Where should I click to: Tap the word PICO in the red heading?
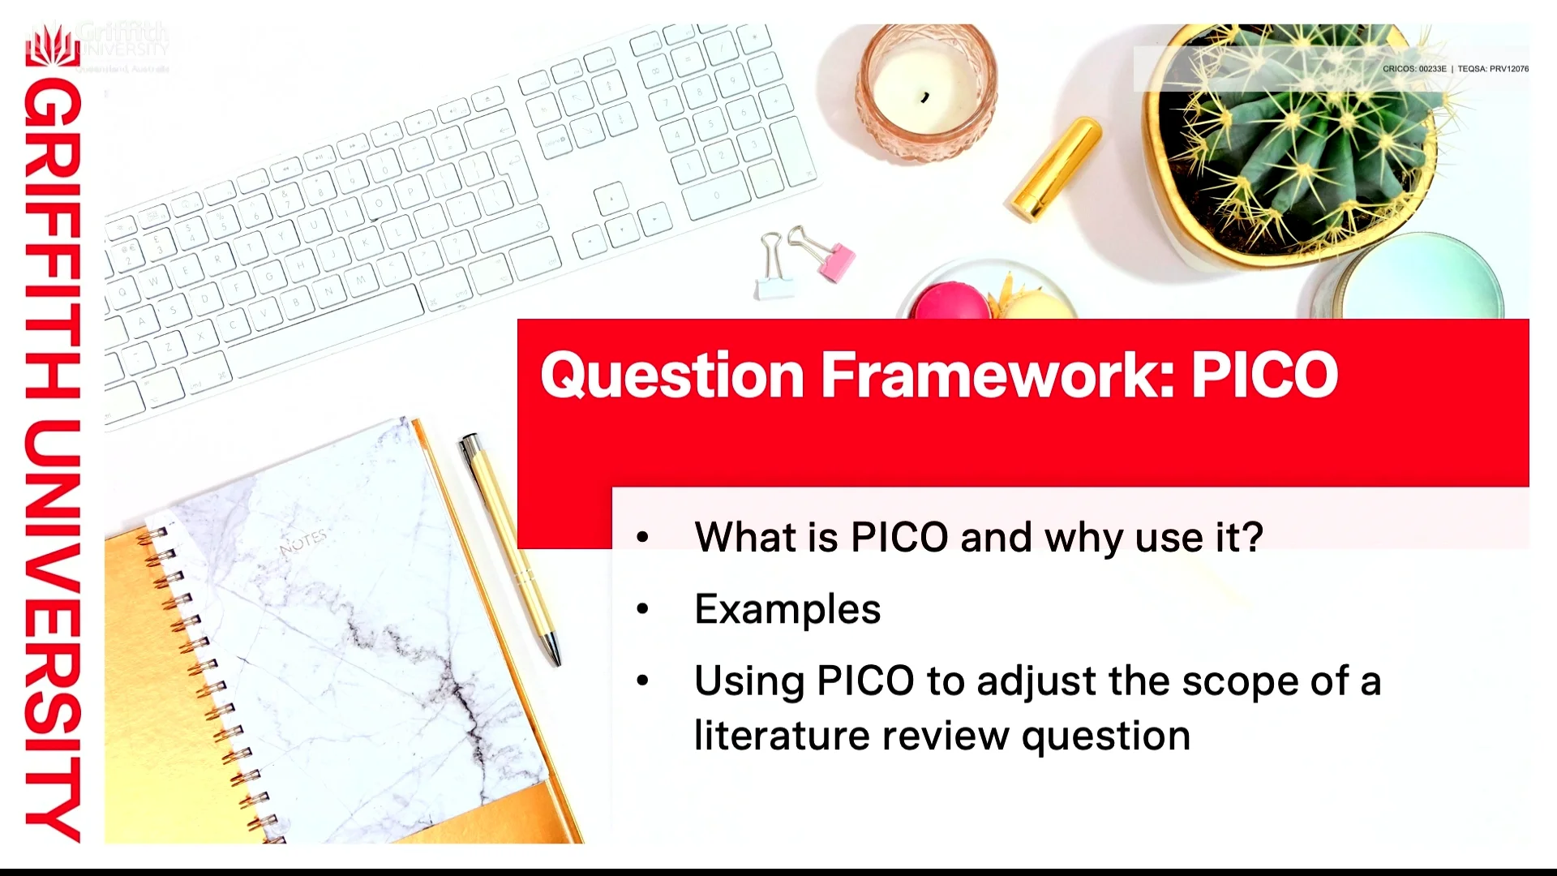1263,375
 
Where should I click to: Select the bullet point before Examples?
643,609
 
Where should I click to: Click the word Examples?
787,609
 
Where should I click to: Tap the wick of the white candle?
925,98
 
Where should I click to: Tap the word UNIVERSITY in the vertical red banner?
53,633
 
